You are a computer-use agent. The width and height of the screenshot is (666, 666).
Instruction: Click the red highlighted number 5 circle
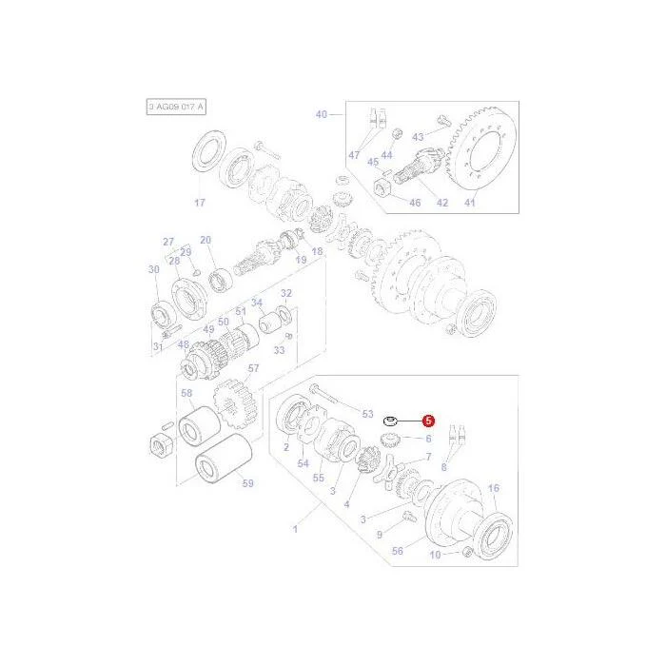point(428,421)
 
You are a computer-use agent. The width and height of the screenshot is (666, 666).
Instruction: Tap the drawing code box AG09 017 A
point(176,107)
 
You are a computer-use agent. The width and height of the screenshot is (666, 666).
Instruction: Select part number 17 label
point(200,203)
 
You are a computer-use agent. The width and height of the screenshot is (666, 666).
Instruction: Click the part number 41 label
point(469,203)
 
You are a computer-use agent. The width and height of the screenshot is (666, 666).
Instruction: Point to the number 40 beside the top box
point(322,114)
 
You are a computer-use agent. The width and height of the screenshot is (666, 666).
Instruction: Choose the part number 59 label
point(247,483)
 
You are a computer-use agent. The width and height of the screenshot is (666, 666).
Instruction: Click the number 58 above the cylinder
point(186,393)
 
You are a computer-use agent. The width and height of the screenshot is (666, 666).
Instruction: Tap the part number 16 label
point(494,488)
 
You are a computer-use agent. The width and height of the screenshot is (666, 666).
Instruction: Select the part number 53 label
point(367,414)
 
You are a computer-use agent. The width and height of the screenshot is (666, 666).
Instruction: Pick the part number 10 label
point(436,555)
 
